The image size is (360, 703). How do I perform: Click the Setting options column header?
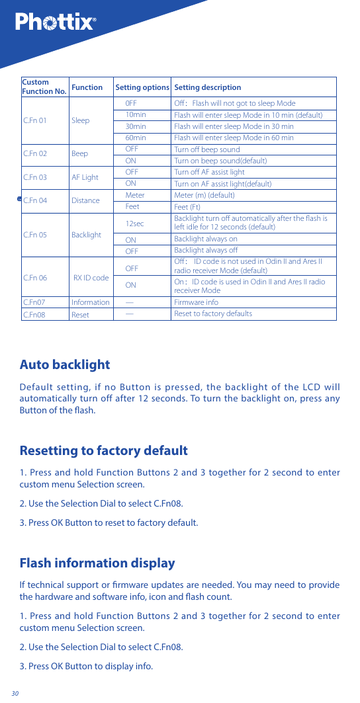click(142, 87)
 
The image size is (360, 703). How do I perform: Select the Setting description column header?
click(207, 87)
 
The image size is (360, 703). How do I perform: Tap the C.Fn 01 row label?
click(35, 121)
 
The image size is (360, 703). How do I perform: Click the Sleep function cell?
click(80, 121)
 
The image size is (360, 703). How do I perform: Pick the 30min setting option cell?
click(136, 126)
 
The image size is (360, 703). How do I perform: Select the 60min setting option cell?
click(136, 138)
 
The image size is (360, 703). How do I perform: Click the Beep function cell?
click(79, 154)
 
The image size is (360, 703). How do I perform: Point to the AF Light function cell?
click(85, 177)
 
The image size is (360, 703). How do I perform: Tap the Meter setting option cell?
click(135, 195)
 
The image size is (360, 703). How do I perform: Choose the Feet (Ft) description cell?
click(187, 207)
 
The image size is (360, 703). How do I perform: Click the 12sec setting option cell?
click(134, 224)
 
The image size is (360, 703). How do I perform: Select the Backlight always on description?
click(205, 239)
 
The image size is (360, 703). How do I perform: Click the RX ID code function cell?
click(91, 278)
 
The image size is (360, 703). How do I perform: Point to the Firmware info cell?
click(196, 302)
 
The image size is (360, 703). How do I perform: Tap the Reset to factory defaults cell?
click(212, 313)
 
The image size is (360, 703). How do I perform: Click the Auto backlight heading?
click(65, 364)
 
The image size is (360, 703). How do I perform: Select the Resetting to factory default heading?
click(104, 451)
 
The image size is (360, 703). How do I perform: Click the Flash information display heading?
click(97, 563)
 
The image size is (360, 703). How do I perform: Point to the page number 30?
click(15, 693)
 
